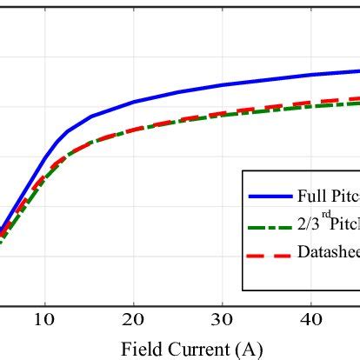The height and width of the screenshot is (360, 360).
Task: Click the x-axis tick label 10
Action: (x=44, y=319)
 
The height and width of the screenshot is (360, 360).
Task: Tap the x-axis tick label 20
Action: (x=134, y=319)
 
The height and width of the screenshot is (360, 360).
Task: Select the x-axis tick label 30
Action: (x=223, y=319)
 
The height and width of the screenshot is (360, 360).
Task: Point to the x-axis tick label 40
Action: (x=312, y=319)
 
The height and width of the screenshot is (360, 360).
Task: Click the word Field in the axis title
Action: (x=140, y=349)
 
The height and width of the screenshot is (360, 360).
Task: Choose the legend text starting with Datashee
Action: (x=329, y=254)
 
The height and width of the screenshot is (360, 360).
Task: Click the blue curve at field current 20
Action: (x=134, y=102)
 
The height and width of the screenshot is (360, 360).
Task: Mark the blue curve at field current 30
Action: (x=223, y=85)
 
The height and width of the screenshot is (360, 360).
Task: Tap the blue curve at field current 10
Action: (x=44, y=157)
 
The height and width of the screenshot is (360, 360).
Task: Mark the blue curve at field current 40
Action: (x=312, y=75)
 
